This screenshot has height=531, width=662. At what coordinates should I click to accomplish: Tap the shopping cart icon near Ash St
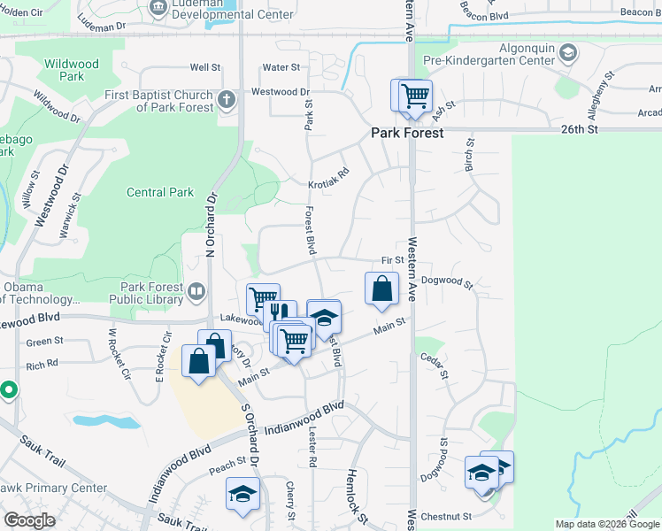coord(413,96)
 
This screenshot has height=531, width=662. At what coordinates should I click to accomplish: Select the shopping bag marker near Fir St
coord(381,289)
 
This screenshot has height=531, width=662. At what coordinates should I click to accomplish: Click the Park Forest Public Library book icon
coord(196,289)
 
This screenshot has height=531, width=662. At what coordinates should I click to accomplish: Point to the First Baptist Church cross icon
coord(227,98)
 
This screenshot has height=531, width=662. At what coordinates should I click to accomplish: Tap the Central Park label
coord(160,192)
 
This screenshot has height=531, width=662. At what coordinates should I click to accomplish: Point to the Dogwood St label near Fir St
coord(448,282)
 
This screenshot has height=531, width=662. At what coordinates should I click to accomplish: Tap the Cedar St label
coord(431,362)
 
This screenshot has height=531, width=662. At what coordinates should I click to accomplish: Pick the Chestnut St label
coord(446,516)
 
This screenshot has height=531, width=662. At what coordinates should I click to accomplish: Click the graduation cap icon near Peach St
coord(242,495)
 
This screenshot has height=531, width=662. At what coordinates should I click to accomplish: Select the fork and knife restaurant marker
coord(279,313)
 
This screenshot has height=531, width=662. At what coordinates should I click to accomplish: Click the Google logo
coord(29,519)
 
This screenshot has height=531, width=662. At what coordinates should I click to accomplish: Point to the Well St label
coord(204,67)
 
